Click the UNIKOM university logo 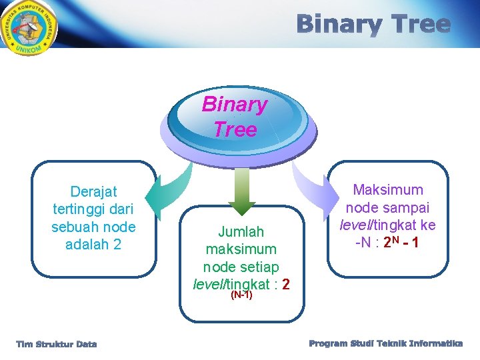pos(28,29)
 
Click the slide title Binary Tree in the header pos(373,25)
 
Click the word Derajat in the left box pos(93,192)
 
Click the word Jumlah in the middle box pos(241,231)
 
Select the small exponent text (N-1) pos(241,295)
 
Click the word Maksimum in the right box pos(387,190)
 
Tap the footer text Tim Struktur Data pos(57,344)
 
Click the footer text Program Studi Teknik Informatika pos(385,343)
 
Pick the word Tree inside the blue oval pos(235,129)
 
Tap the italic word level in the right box pos(358,225)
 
